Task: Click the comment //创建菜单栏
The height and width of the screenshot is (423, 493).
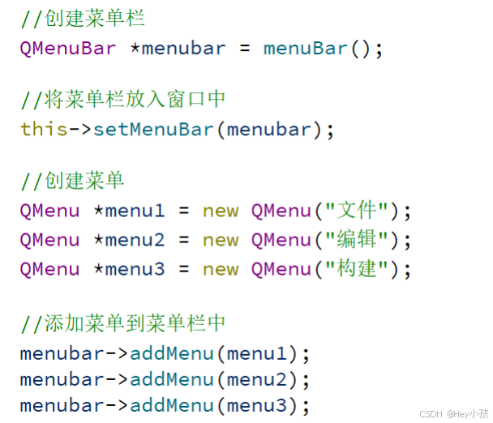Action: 83,19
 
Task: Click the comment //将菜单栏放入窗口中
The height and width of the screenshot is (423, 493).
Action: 123,100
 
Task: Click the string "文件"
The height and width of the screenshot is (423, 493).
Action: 357,211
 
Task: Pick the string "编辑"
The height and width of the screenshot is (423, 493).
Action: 357,240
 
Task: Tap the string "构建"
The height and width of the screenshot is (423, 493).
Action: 357,269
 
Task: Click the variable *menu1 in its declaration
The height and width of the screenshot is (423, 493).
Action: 129,211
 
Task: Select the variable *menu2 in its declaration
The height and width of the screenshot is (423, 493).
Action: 129,240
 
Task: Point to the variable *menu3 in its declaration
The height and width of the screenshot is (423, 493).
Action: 129,269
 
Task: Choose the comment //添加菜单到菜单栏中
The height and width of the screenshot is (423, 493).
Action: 123,323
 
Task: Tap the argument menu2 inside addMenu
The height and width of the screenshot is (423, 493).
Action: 257,379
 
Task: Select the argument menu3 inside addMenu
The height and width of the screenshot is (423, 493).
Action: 257,405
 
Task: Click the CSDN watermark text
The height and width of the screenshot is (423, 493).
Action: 430,413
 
